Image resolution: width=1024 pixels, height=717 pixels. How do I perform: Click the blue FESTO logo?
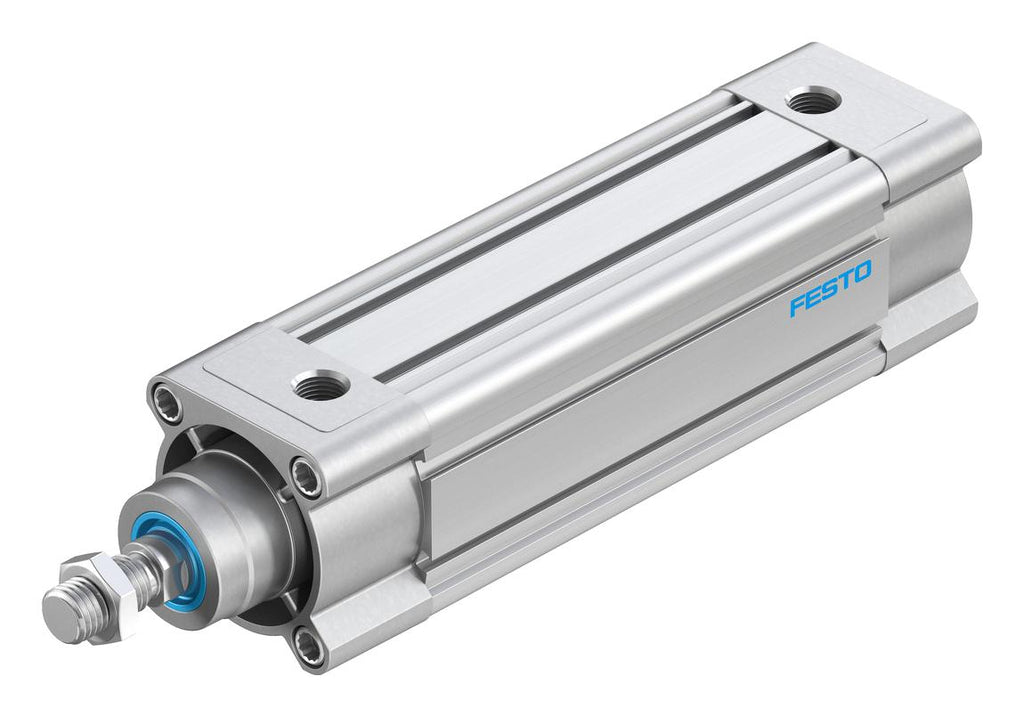pos(830,288)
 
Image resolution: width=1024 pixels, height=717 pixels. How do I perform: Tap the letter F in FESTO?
pos(798,305)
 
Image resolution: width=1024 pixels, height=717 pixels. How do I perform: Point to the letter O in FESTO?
pos(862,271)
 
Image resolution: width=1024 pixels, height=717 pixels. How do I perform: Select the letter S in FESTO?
pos(830,288)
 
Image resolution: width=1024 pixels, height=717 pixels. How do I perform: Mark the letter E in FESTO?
pos(814,296)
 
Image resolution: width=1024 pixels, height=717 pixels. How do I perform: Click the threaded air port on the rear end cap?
pos(813,101)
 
